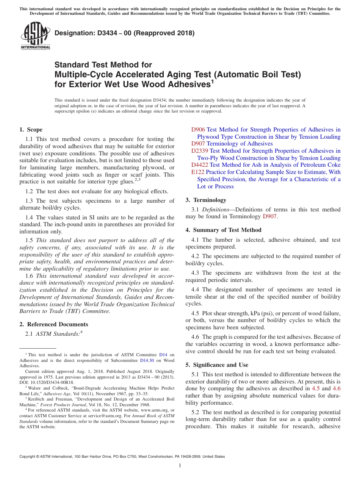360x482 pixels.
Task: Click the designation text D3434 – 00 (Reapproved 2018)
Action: click(x=125, y=33)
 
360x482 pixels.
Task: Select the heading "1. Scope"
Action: click(x=31, y=130)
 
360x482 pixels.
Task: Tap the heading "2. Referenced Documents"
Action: click(x=53, y=324)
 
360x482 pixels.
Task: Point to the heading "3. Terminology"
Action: click(x=206, y=200)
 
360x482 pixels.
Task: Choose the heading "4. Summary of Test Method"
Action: click(x=223, y=230)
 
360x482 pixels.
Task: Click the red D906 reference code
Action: click(x=198, y=130)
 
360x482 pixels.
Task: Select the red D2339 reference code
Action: click(x=200, y=151)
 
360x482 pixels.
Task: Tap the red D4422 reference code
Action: click(x=200, y=165)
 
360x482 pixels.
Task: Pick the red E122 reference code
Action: click(x=198, y=172)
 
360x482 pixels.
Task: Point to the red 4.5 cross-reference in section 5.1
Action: click(x=315, y=388)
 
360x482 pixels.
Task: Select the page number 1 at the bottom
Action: click(x=180, y=465)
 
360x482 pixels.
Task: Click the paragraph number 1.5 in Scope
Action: click(x=29, y=240)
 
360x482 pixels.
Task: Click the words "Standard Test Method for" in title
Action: click(x=103, y=65)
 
